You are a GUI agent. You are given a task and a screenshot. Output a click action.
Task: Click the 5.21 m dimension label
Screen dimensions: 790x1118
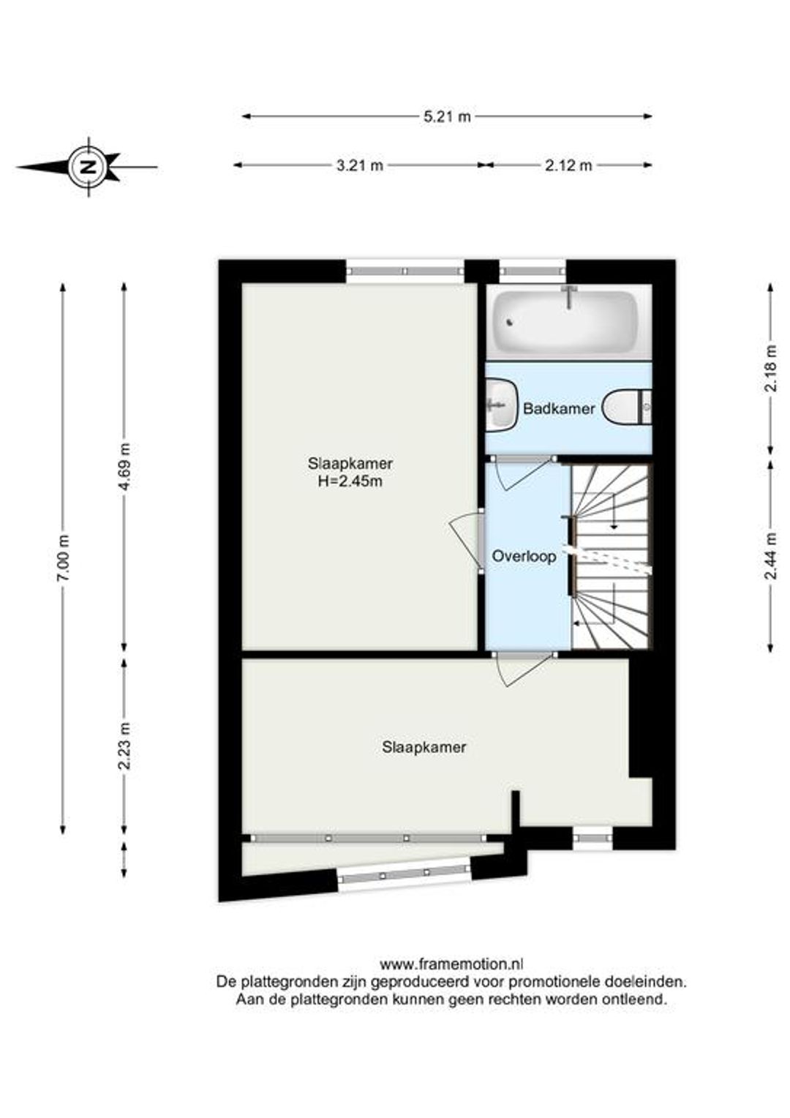point(447,117)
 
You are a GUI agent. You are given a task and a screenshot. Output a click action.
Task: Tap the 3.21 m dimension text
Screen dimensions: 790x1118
point(359,165)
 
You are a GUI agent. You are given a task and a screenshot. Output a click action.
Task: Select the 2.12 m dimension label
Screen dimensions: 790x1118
point(568,165)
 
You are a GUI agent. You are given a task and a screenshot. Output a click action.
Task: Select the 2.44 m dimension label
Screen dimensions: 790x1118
point(772,557)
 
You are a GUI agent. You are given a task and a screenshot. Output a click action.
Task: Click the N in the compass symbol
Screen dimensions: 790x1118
point(89,167)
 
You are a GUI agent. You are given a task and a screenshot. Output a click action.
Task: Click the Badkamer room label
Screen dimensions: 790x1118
point(558,409)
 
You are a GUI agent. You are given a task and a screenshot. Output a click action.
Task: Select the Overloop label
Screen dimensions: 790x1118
point(524,557)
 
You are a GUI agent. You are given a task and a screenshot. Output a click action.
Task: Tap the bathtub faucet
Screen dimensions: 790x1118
point(568,298)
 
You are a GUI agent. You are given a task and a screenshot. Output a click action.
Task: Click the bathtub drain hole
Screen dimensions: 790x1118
point(509,322)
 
